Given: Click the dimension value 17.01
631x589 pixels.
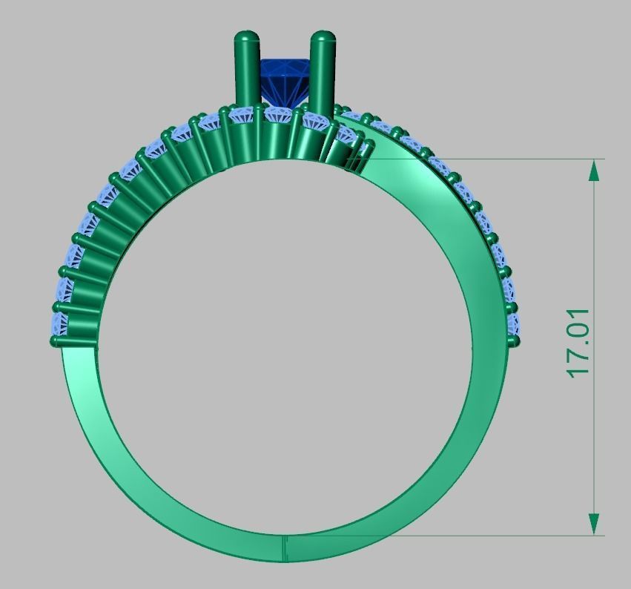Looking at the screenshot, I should click(578, 342).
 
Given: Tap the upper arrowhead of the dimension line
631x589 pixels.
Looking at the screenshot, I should click(594, 170).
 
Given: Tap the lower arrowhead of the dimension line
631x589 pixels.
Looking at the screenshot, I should click(594, 522).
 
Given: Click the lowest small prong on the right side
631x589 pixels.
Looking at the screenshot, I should click(513, 340).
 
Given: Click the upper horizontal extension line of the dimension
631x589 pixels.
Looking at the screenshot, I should click(482, 158).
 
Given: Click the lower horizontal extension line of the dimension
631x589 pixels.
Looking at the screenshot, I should click(445, 535).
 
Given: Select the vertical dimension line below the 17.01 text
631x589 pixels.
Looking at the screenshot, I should click(594, 445).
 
